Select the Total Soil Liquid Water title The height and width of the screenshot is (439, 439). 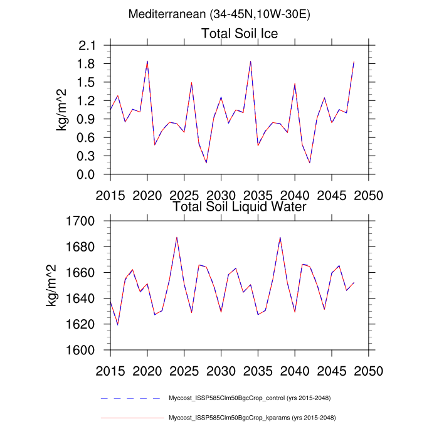239,206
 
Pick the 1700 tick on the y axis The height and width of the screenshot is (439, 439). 80,221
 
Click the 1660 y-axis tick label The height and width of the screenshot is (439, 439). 80,273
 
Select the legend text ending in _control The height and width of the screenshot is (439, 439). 250,398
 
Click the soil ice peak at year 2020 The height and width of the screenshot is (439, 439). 147,61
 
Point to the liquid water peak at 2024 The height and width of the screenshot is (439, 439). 177,237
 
